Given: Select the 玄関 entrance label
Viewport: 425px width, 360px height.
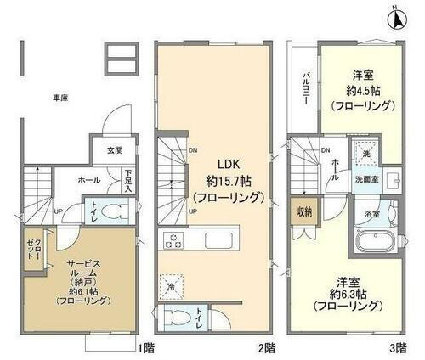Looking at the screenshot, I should pyautogui.click(x=113, y=150).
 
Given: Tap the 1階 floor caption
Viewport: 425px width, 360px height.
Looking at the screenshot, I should pyautogui.click(x=146, y=347).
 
